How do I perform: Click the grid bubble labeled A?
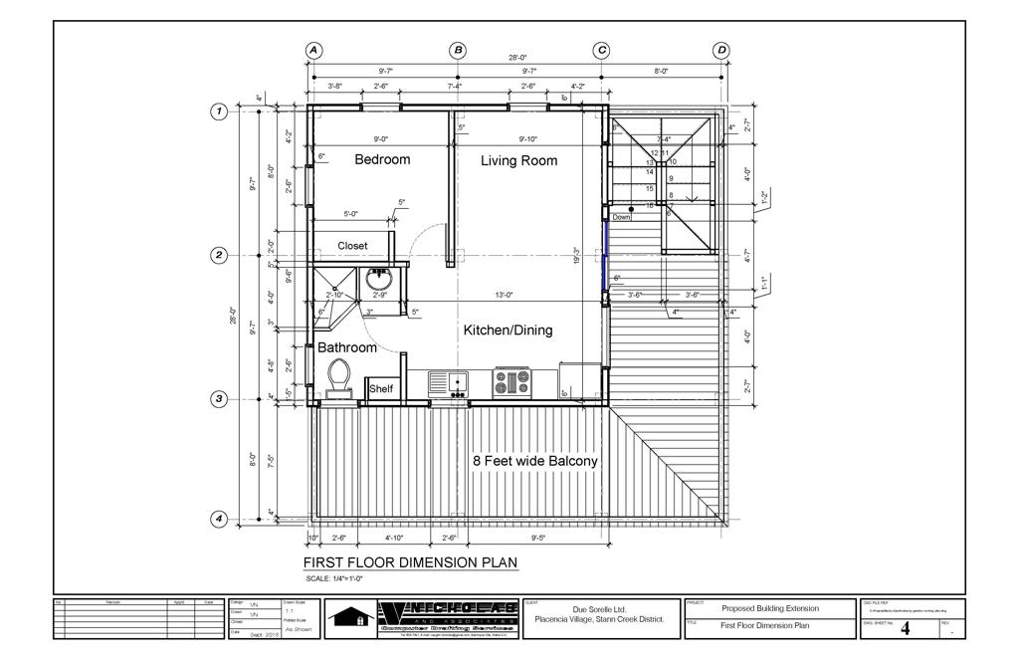[x=313, y=50]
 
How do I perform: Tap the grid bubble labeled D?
[x=721, y=50]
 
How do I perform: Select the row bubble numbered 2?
[x=219, y=255]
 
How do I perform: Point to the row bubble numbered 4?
[x=219, y=519]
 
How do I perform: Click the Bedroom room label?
[x=382, y=159]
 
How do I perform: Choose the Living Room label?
[x=518, y=160]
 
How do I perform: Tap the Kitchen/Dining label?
[x=508, y=330]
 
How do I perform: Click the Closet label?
[x=352, y=246]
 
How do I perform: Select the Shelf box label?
[x=381, y=389]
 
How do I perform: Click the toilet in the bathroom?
[x=338, y=379]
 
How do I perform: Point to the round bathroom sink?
[x=379, y=278]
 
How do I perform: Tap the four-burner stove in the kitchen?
[x=512, y=382]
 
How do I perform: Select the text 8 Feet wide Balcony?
[x=533, y=461]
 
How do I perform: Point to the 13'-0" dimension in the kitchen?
[x=505, y=294]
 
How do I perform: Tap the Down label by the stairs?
[x=622, y=216]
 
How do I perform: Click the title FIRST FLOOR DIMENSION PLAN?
[x=410, y=562]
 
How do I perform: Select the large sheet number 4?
[x=905, y=627]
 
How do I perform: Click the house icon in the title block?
[x=352, y=617]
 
